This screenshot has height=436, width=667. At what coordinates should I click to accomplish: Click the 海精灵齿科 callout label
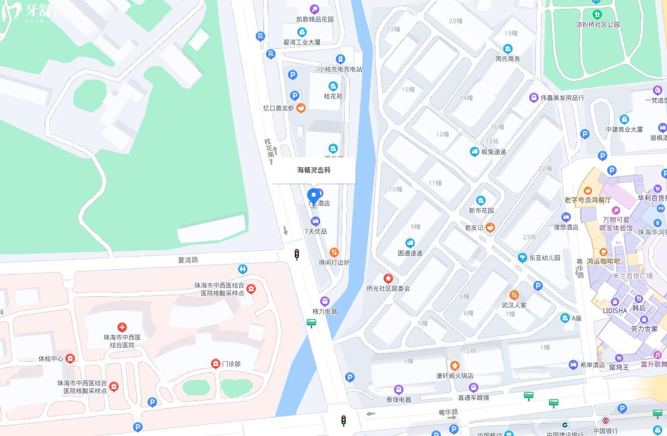(314, 170)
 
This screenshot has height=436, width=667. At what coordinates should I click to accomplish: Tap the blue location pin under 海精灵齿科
(313, 197)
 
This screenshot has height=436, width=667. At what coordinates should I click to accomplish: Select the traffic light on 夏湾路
(297, 254)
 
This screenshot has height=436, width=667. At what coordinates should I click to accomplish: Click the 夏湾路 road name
(188, 259)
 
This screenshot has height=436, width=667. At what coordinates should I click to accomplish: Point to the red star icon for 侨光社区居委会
(388, 279)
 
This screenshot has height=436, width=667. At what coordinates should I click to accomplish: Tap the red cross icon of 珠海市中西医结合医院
(122, 327)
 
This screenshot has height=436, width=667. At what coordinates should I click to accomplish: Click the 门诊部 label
(231, 364)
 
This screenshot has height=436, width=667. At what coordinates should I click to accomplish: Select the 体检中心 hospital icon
(70, 359)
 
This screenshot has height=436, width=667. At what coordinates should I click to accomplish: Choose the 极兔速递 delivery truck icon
(474, 152)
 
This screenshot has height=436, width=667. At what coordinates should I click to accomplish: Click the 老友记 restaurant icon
(490, 227)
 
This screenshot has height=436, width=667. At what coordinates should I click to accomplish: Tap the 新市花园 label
(481, 210)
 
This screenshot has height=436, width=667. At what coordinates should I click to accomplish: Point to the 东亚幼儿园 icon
(522, 258)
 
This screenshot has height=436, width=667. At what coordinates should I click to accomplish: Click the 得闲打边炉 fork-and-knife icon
(334, 253)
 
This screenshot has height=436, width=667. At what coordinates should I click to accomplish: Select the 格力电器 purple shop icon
(325, 301)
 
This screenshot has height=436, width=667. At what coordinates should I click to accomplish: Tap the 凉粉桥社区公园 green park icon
(597, 14)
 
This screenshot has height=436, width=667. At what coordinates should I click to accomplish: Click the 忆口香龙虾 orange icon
(300, 108)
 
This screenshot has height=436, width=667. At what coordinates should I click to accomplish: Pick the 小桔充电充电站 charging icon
(340, 59)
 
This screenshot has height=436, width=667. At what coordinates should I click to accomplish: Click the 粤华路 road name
(448, 412)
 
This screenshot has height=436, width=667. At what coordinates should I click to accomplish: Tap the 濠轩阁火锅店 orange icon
(455, 366)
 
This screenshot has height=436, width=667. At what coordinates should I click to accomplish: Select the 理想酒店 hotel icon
(566, 217)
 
